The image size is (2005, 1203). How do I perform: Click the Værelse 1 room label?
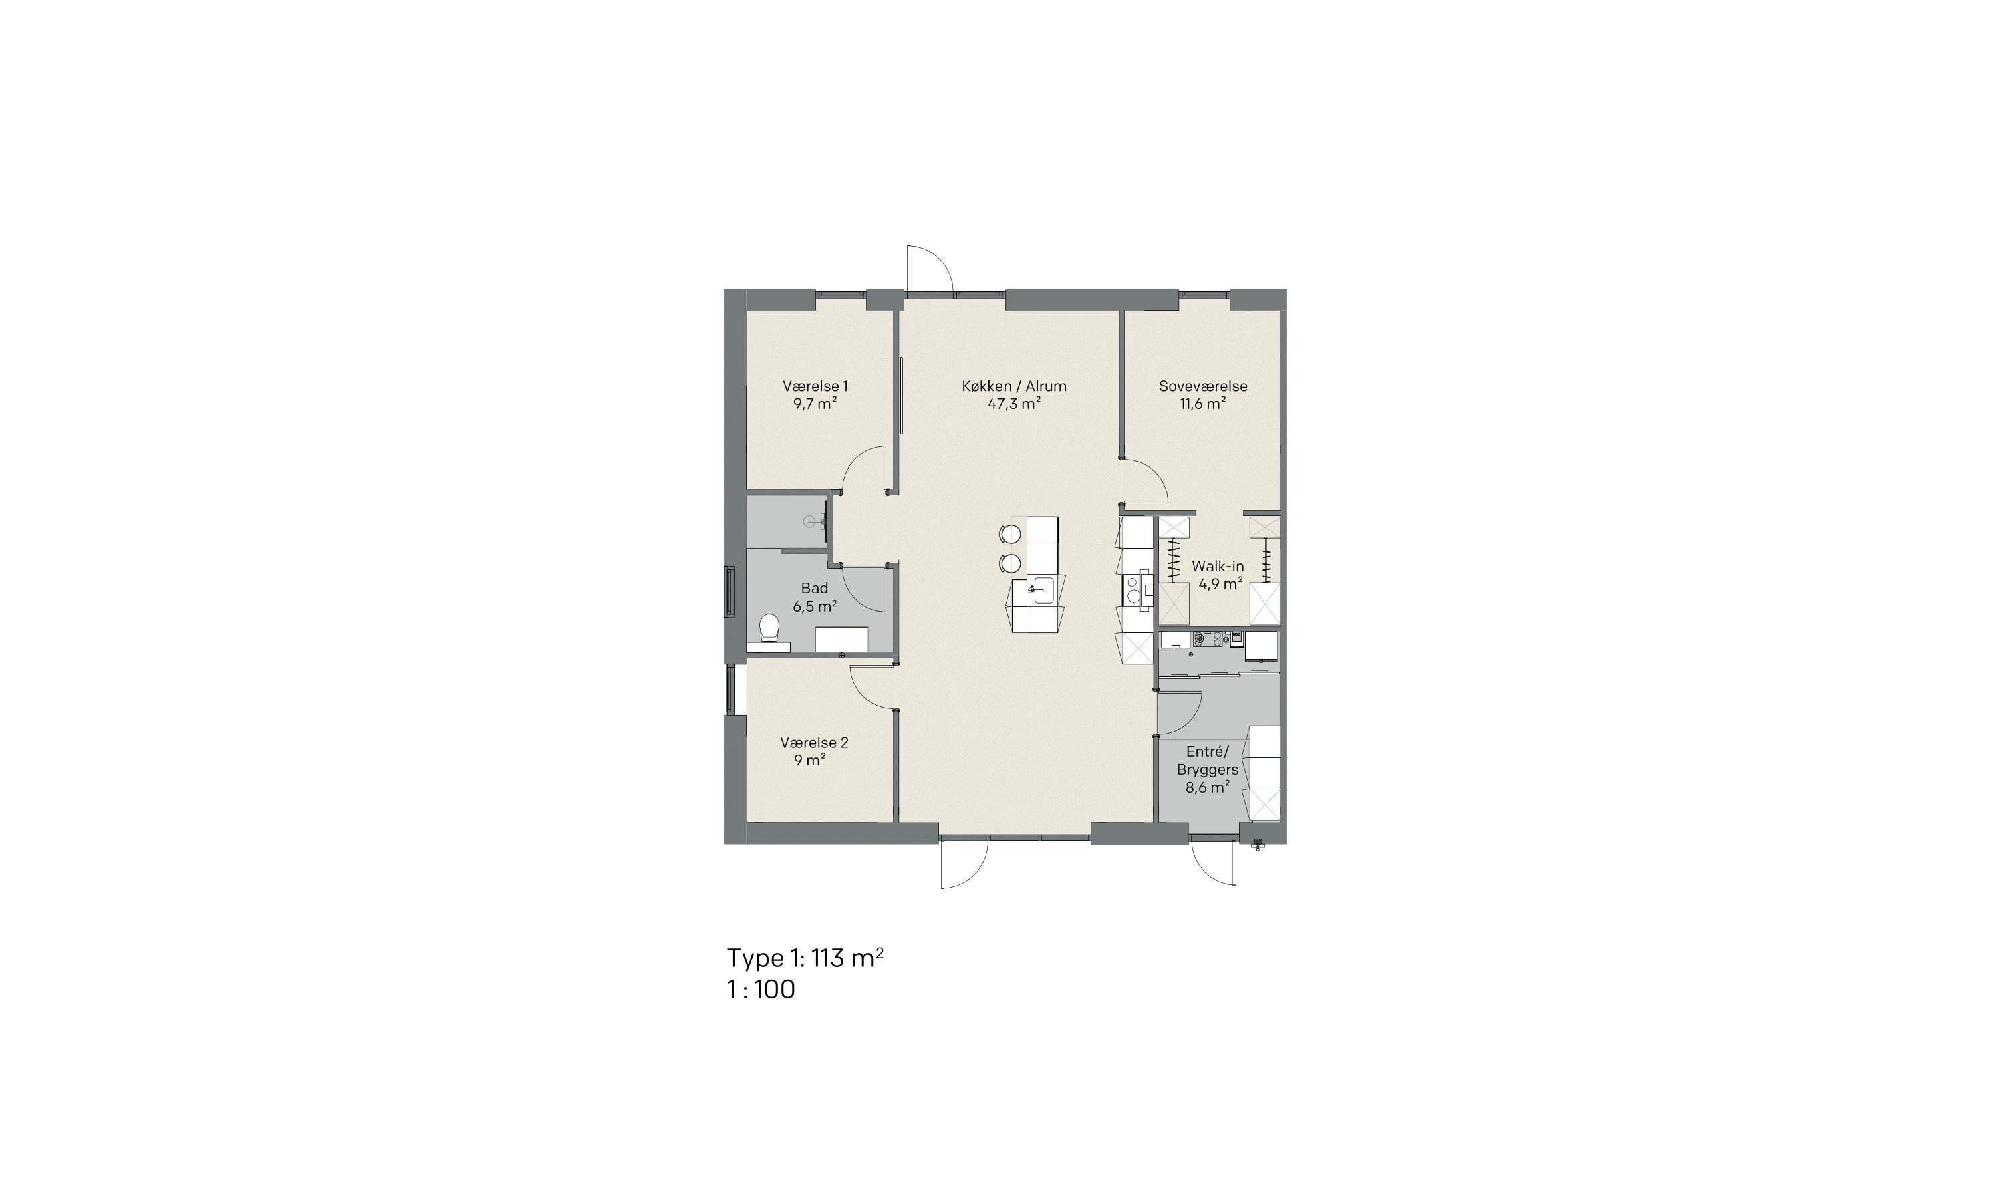pos(815,387)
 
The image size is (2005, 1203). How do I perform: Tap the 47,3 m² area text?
pos(1014,404)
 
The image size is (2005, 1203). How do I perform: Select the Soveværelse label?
pos(1203,387)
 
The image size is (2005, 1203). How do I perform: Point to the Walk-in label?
pos(1217,567)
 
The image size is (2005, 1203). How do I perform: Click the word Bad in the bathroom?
pos(815,589)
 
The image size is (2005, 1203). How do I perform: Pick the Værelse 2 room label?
pos(815,743)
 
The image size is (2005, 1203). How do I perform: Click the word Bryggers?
pos(1208,769)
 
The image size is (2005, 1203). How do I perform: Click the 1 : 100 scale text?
pos(761,990)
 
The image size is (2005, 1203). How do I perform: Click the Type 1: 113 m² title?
pos(805,958)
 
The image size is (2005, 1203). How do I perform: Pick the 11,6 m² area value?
pos(1203,404)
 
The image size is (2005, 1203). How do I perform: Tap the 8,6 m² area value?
pos(1208,787)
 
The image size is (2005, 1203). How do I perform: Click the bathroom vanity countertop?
pos(841,639)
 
